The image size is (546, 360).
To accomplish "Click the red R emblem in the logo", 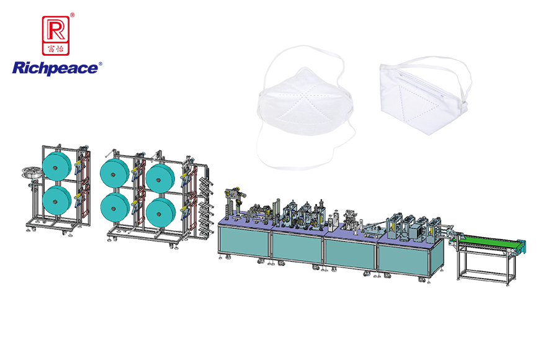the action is pos(56,35).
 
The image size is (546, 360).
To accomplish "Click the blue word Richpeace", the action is pos(55,68).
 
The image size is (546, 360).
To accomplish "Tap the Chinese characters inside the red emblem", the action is pos(56,49).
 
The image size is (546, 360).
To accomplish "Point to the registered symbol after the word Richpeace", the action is pos(101,64).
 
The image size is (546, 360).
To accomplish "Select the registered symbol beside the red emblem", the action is pos(73,15).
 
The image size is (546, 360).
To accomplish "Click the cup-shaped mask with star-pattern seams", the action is pos(305,104).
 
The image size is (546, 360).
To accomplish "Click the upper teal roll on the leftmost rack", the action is pos(56,166).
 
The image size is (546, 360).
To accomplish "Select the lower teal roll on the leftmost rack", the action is pos(56,200).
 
